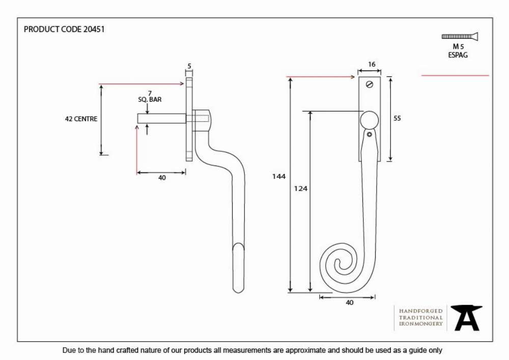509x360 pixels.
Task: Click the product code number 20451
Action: tap(94, 29)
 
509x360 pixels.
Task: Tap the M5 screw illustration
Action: tap(460, 36)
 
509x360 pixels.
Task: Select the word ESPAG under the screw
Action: tap(458, 55)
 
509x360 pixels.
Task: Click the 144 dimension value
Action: tap(279, 176)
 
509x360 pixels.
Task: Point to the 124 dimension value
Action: tap(301, 188)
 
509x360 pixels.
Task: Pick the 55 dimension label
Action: tap(397, 119)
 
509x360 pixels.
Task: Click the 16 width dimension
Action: tap(372, 64)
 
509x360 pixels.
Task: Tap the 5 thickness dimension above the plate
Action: tap(189, 66)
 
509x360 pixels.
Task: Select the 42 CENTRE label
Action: tap(81, 119)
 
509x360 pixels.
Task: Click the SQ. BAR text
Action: tap(150, 100)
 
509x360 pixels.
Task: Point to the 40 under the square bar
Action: tap(162, 178)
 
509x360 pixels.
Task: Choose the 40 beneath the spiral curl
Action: tap(349, 302)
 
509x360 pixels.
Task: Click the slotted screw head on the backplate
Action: tap(370, 85)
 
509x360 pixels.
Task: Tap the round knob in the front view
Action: tap(369, 120)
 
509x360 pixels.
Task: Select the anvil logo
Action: tap(466, 318)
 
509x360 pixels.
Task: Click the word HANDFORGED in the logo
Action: tap(421, 311)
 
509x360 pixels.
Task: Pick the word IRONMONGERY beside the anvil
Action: tap(421, 324)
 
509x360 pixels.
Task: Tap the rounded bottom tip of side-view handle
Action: tap(238, 291)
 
